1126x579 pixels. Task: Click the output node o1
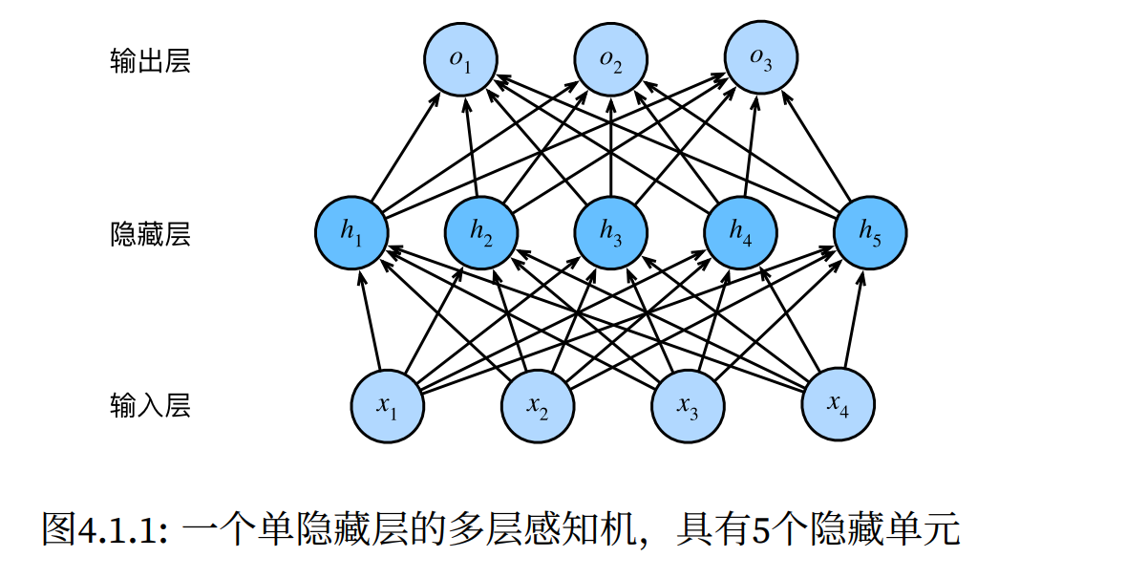click(x=461, y=59)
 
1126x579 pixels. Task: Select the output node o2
click(x=611, y=59)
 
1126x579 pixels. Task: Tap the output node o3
click(x=761, y=59)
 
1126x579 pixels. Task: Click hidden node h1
click(x=351, y=231)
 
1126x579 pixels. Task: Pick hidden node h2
click(x=481, y=231)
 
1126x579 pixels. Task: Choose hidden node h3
click(x=611, y=231)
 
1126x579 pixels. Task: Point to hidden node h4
click(x=741, y=231)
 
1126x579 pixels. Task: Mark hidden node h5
click(x=870, y=231)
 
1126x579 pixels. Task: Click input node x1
click(x=387, y=405)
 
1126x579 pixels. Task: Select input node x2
click(x=538, y=405)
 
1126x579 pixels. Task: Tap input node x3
click(x=688, y=405)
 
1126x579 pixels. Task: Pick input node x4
click(x=838, y=405)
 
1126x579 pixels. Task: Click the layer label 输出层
click(x=150, y=62)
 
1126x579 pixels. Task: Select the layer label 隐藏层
click(x=150, y=234)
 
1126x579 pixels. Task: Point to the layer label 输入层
click(x=150, y=406)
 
